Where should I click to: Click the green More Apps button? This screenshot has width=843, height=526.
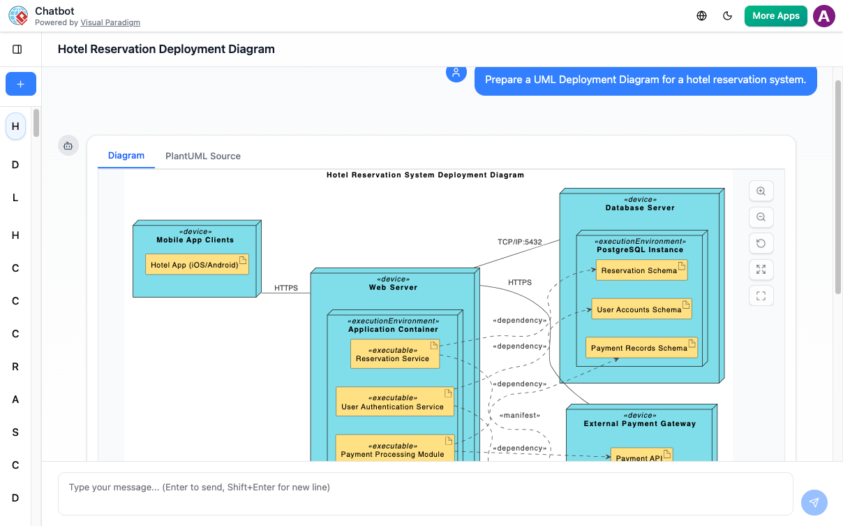tap(775, 16)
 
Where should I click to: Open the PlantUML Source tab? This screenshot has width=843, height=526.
tap(202, 156)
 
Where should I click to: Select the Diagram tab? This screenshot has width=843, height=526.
tap(126, 156)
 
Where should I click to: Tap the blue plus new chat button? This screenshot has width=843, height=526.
tap(20, 84)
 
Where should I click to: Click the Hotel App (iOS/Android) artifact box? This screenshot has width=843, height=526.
tap(197, 265)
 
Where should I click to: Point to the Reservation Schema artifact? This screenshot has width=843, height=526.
tap(641, 270)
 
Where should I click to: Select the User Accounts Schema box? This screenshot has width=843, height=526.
tap(641, 309)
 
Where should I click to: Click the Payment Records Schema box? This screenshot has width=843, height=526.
tap(641, 348)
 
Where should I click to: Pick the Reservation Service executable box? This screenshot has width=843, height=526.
tap(394, 354)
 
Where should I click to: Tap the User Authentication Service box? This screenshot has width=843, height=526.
tap(394, 402)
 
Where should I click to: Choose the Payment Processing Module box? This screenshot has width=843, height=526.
tap(394, 450)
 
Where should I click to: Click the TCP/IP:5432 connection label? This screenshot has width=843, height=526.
tap(519, 242)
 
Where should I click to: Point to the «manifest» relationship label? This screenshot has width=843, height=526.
tap(520, 416)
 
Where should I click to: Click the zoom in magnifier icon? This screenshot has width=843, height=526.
tap(761, 191)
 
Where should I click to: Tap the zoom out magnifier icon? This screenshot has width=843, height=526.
tap(761, 217)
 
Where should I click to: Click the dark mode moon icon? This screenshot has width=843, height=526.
tap(727, 16)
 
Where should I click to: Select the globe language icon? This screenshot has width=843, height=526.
tap(701, 16)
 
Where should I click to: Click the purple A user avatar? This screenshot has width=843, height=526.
tap(824, 16)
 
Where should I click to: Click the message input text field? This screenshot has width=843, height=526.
tap(425, 493)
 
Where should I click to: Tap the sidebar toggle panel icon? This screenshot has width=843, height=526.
tap(17, 50)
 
